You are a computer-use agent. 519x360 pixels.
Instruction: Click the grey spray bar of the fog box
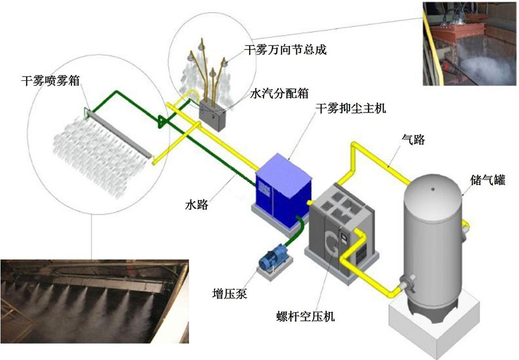[118, 133]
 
